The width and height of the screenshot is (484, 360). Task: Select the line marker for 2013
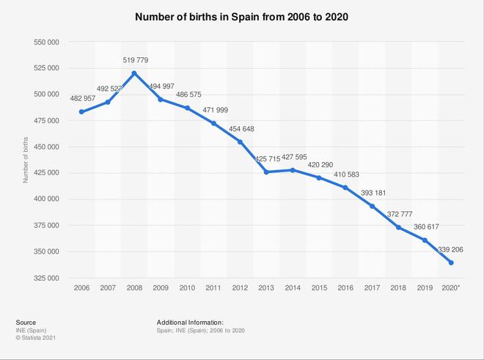click(266, 172)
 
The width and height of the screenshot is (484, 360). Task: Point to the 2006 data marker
click(81, 112)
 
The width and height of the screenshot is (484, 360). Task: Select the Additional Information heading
click(190, 322)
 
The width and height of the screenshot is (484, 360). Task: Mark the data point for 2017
click(372, 206)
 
